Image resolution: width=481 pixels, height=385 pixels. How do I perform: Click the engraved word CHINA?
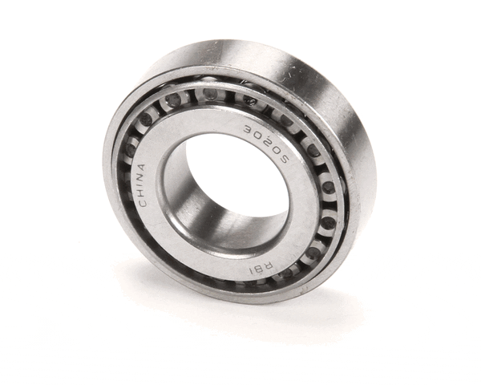141,185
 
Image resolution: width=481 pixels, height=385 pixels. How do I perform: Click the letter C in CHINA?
143,203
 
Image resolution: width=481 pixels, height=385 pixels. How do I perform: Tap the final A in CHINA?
142,168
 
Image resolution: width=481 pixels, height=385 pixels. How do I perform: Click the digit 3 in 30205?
248,129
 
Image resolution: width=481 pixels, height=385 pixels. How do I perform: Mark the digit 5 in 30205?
284,159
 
